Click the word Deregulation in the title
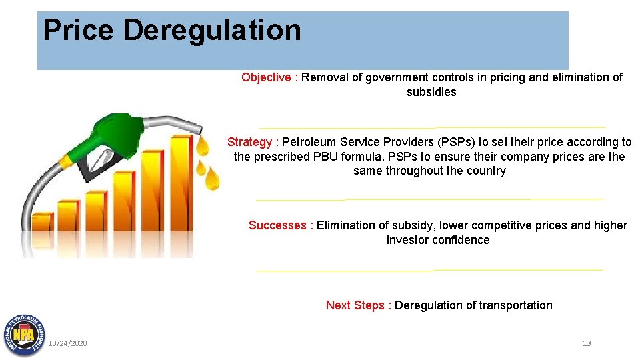(212, 31)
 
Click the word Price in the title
(79, 31)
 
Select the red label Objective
(266, 77)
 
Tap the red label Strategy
(249, 142)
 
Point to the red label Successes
(277, 225)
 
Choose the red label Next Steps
(355, 305)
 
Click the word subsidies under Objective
(431, 92)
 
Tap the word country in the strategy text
(487, 171)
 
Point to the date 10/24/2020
(67, 343)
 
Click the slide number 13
(587, 343)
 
